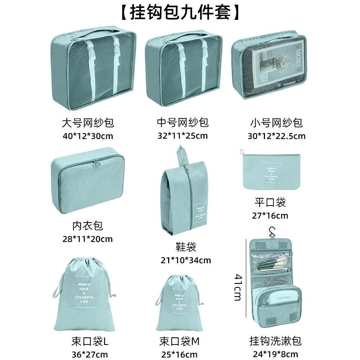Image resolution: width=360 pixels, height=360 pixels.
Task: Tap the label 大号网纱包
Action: tap(88, 123)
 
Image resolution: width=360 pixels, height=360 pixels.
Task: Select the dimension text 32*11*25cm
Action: tap(182, 136)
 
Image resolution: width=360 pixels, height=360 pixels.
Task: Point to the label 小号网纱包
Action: tap(276, 123)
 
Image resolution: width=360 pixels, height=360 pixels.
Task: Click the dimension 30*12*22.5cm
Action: tap(276, 136)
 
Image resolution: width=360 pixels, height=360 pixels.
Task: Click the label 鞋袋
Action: tap(186, 247)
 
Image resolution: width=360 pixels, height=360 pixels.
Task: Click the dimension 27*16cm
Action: tap(270, 216)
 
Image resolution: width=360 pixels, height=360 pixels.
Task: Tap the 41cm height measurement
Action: tap(238, 287)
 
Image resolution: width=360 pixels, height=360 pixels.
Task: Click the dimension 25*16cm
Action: tap(179, 354)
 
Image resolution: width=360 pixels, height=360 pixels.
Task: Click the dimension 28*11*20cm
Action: tap(87, 239)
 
